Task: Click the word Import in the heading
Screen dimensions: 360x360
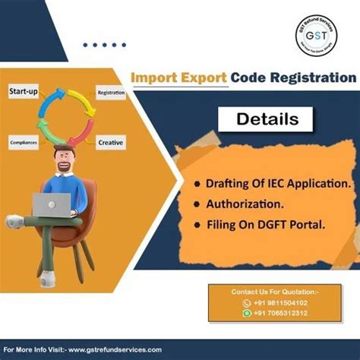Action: (155, 77)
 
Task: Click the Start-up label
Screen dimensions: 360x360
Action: (24, 91)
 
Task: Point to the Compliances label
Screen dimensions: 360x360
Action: (24, 141)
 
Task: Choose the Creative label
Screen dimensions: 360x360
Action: (110, 142)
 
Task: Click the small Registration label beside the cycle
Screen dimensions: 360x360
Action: (111, 92)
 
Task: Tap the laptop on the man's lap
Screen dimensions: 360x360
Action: (52, 203)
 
